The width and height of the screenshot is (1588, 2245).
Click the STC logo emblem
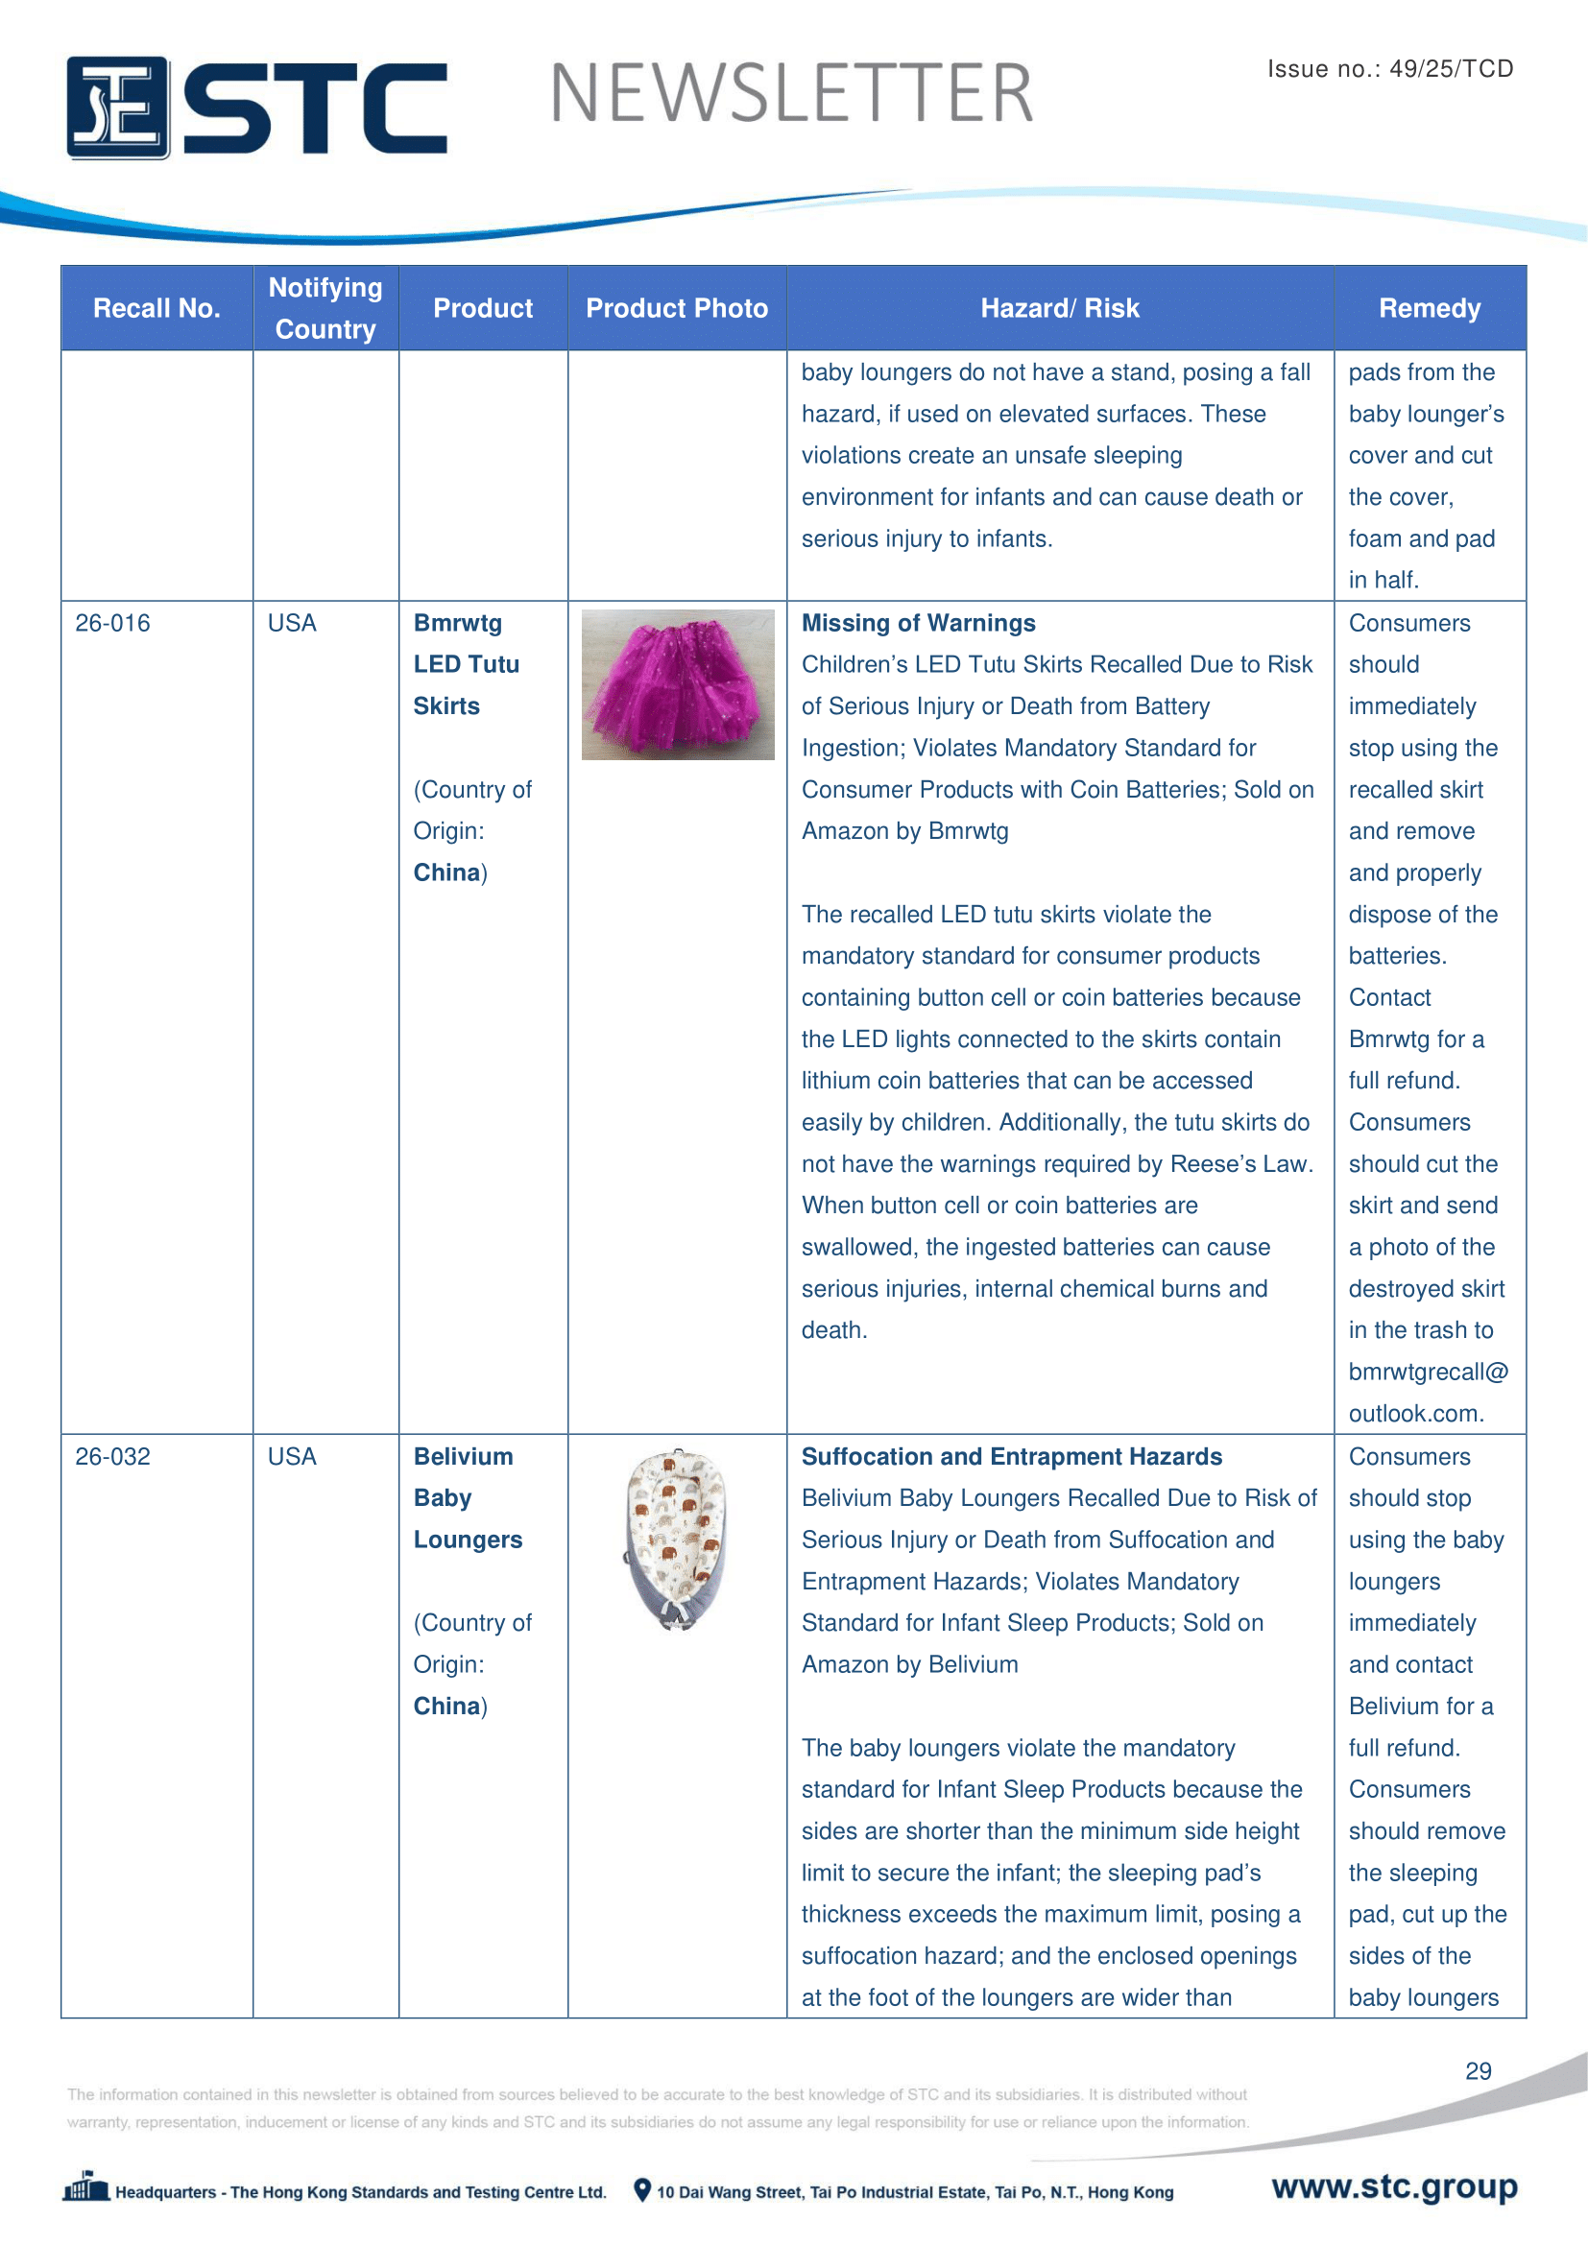pos(117,107)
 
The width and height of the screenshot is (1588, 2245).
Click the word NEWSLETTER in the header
pos(791,94)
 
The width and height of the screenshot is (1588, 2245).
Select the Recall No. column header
pos(156,308)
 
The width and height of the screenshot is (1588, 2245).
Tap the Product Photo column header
pos(677,308)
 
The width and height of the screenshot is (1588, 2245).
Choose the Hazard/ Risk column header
pos(1060,308)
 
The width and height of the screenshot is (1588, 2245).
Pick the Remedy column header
pos(1429,308)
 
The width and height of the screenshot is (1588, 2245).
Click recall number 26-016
pos(112,623)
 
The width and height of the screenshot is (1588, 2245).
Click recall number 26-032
pos(112,1456)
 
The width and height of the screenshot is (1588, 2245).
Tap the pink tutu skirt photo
pos(678,684)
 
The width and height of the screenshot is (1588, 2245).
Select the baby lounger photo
pos(677,1539)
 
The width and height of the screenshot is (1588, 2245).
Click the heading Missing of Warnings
pos(918,623)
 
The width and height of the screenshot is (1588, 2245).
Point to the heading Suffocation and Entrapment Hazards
pos(1011,1456)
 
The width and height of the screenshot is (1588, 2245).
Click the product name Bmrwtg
pos(458,623)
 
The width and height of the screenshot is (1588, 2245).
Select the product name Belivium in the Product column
pos(463,1456)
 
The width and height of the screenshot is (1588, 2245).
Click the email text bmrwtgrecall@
pos(1428,1372)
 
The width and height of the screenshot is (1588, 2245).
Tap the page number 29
pos(1478,2071)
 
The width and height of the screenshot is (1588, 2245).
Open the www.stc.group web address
pos(1394,2186)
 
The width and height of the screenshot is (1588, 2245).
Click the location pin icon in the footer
pos(642,2190)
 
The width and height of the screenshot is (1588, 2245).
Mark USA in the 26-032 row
pos(292,1456)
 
